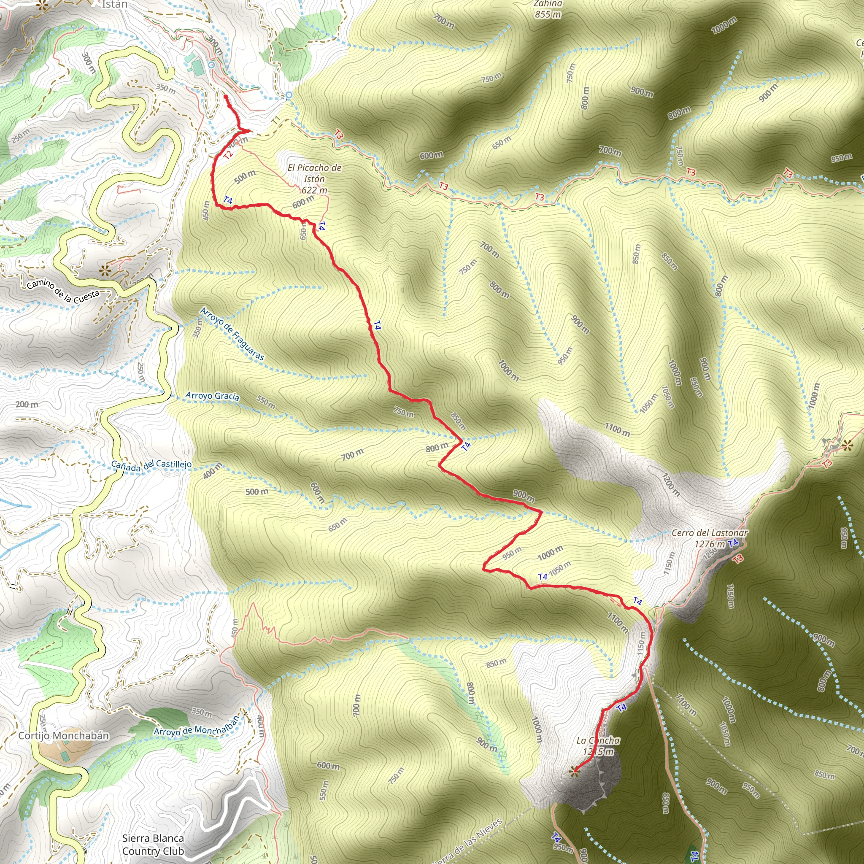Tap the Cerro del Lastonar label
pyautogui.click(x=709, y=533)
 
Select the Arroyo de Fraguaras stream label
pyautogui.click(x=232, y=334)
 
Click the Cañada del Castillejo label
pyautogui.click(x=151, y=465)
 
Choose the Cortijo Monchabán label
pyautogui.click(x=64, y=736)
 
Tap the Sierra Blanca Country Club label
pyautogui.click(x=153, y=845)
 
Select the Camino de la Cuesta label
pyautogui.click(x=62, y=291)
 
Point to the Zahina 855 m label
pyautogui.click(x=548, y=9)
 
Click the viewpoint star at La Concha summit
pyautogui.click(x=574, y=770)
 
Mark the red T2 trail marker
pyautogui.click(x=228, y=155)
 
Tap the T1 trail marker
pyautogui.click(x=276, y=120)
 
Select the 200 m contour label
pyautogui.click(x=27, y=404)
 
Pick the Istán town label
pyautogui.click(x=114, y=5)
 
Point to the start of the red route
pyautogui.click(x=225, y=97)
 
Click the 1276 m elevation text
pyautogui.click(x=710, y=544)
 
